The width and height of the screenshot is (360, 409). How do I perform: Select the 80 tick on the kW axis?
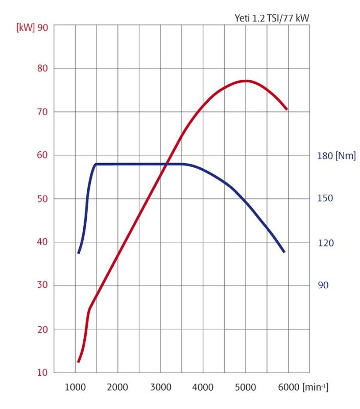coord(43,68)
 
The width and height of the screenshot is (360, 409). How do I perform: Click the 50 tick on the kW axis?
coord(43,198)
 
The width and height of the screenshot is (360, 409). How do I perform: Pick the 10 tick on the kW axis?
coord(43,373)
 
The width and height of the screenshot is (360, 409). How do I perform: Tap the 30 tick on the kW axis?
coord(43,286)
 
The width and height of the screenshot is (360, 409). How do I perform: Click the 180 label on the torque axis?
coord(325,156)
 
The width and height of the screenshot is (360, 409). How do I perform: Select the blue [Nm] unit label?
coord(345,156)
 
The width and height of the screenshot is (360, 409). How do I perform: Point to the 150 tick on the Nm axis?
coord(325,198)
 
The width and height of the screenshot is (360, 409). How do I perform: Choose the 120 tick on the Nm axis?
coord(325,243)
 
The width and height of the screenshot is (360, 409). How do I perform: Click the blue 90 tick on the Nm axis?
coord(323,285)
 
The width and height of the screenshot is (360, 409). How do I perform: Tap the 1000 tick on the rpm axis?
coord(76,388)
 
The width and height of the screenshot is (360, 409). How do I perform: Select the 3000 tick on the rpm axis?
coord(160,388)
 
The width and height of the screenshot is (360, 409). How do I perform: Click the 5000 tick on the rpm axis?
coord(246,388)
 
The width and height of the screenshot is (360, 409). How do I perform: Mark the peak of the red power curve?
coord(246,81)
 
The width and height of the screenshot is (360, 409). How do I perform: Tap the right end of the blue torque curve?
coord(284,252)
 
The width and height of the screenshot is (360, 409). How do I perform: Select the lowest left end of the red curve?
coord(78,361)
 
